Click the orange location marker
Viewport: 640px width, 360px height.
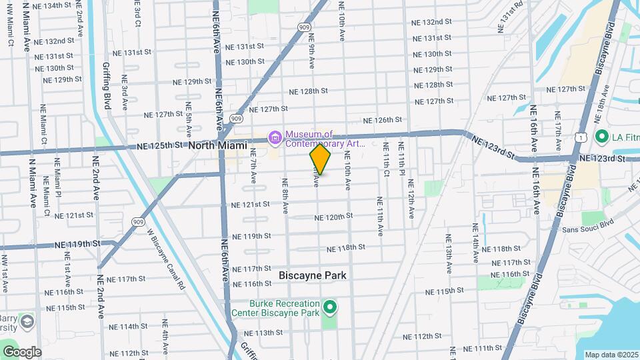pos(320,159)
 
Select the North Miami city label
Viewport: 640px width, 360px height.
pos(217,145)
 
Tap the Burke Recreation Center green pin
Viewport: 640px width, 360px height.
pos(329,307)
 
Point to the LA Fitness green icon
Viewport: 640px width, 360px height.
pos(601,138)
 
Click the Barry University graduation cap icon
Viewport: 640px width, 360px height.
pos(27,322)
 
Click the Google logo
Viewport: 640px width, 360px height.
pos(22,352)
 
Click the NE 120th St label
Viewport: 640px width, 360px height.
pos(333,217)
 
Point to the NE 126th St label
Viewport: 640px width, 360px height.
pos(382,120)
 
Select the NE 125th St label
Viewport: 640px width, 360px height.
pos(160,145)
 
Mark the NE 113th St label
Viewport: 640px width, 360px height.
pos(263,333)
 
